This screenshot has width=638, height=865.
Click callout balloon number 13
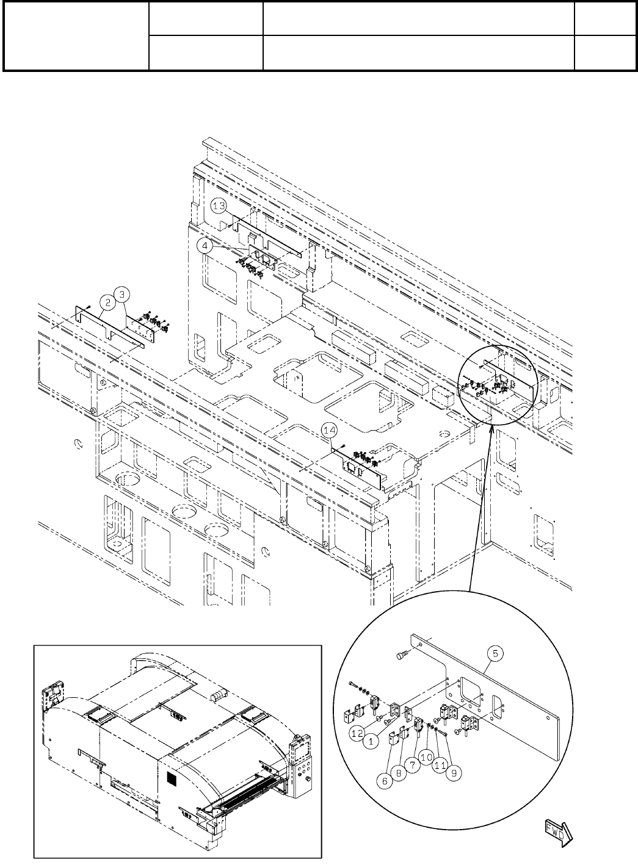point(220,207)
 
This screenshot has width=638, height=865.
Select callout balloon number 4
point(206,246)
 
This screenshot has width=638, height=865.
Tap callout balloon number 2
point(107,301)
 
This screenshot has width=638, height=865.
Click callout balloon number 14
point(330,431)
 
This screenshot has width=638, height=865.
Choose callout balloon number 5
point(495,653)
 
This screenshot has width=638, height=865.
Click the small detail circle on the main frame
point(496,384)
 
